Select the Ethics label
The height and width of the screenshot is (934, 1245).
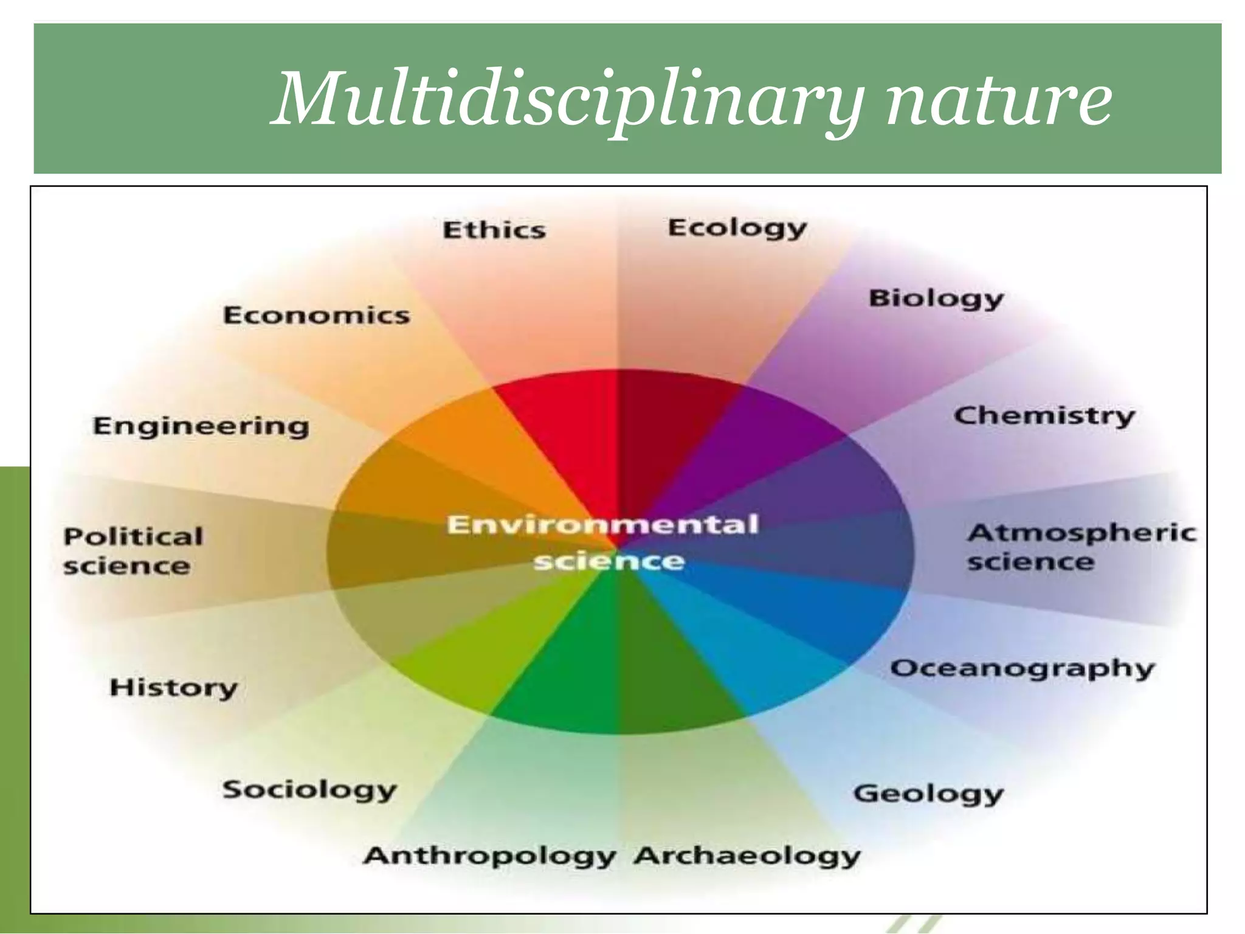tap(494, 230)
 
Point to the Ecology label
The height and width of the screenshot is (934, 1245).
tap(737, 229)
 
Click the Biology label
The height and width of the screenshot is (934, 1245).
tap(936, 299)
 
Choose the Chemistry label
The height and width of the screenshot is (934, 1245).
tap(1044, 417)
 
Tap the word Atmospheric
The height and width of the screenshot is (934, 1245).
tap(1081, 533)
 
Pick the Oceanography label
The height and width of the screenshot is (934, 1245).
tap(1022, 669)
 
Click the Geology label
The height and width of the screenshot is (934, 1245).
tap(928, 794)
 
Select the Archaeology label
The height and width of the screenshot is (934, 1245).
tap(747, 856)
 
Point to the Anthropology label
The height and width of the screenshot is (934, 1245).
tap(489, 856)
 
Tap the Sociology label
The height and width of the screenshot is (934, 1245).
tap(309, 790)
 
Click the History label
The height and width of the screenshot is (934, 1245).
tap(173, 688)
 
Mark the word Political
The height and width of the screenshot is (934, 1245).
tap(133, 536)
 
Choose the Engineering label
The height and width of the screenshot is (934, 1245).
tap(201, 426)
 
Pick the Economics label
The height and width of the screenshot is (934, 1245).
tap(316, 315)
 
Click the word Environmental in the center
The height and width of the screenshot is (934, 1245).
tap(602, 525)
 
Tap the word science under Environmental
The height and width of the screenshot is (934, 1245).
tap(609, 561)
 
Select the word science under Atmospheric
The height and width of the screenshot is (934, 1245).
tap(1030, 561)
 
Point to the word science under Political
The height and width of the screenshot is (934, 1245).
tap(126, 566)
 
